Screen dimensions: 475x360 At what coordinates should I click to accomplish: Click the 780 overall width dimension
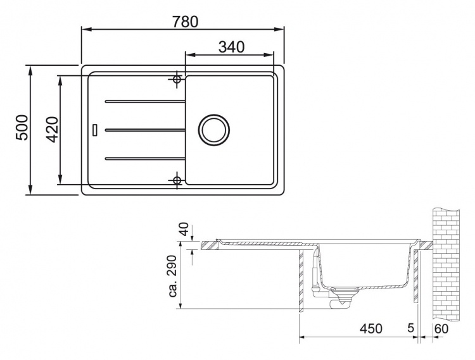(x=185, y=21)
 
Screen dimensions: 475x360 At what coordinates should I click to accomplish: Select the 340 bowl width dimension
(x=231, y=47)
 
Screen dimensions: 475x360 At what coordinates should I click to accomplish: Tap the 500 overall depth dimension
(x=22, y=127)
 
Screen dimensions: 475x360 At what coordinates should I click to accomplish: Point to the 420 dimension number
(x=53, y=130)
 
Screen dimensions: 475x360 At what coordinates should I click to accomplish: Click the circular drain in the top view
(x=214, y=130)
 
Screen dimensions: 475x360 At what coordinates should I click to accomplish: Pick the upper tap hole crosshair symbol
(x=177, y=80)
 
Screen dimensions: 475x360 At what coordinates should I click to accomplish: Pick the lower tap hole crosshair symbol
(x=177, y=180)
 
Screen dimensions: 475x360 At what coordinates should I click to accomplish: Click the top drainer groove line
(x=145, y=102)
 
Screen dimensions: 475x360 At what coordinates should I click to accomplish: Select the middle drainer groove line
(x=145, y=130)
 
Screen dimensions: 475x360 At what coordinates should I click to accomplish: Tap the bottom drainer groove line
(x=145, y=158)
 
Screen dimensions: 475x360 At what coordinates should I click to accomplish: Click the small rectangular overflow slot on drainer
(x=95, y=130)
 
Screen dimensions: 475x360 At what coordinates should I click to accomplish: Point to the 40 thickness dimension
(x=184, y=229)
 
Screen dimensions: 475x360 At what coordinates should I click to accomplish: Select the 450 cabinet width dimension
(x=371, y=328)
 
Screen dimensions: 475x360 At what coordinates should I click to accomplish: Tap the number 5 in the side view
(x=410, y=328)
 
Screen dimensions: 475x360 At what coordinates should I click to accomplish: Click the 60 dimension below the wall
(x=441, y=328)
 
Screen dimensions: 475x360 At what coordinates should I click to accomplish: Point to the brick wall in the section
(x=446, y=265)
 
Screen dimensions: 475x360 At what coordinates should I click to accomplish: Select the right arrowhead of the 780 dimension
(x=279, y=29)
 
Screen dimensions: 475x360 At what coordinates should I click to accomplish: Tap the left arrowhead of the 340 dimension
(x=190, y=55)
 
